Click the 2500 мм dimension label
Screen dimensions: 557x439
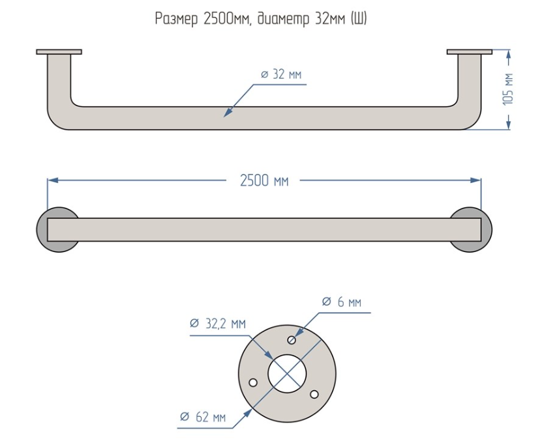[264, 181]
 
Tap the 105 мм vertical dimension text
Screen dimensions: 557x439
[508, 89]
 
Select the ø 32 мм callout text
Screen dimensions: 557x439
[281, 74]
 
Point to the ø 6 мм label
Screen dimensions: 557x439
[342, 302]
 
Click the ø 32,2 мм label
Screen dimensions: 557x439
[218, 324]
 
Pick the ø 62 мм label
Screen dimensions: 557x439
[203, 417]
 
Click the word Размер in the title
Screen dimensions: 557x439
[176, 19]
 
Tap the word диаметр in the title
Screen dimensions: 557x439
[284, 19]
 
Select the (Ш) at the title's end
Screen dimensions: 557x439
[359, 19]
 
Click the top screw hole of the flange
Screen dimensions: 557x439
[292, 341]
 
